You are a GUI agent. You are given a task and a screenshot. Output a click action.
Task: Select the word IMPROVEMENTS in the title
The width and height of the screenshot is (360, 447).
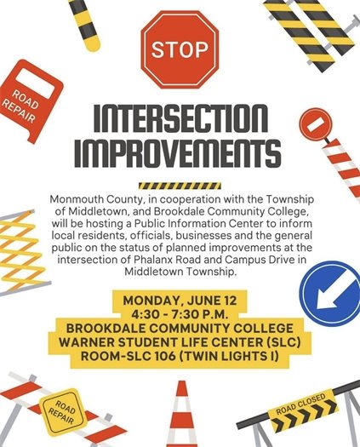pos(180,155)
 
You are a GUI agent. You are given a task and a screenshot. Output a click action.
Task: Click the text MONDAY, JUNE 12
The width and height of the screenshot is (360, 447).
pos(179,301)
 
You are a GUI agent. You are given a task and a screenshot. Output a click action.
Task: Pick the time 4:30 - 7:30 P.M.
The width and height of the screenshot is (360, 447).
pos(180,315)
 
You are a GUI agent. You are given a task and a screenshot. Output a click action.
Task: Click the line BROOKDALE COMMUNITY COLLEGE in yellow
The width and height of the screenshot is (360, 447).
pos(180,330)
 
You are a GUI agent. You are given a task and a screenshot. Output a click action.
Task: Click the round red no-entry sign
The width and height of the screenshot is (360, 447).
pos(316,124)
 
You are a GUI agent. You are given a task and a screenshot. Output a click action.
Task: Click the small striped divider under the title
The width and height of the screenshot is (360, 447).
pos(180,185)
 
